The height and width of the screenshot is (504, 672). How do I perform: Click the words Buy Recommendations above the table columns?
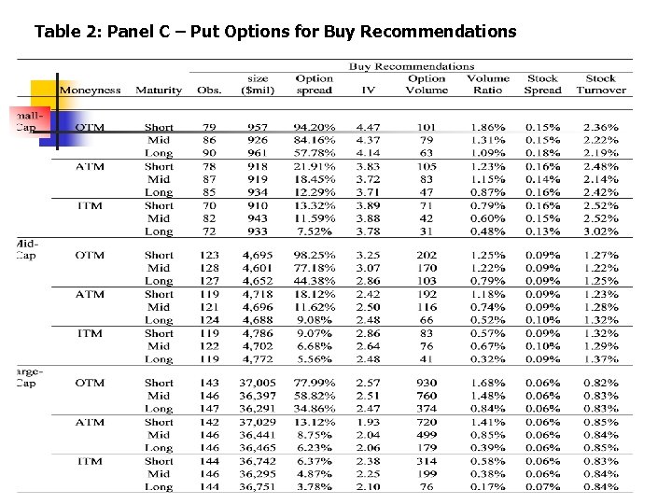[x=412, y=66]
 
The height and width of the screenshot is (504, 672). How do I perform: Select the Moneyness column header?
[x=90, y=91]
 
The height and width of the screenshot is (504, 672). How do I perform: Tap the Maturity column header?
[x=159, y=91]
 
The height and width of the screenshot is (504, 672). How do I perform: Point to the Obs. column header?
[x=209, y=91]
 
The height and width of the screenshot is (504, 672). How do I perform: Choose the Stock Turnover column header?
[x=600, y=85]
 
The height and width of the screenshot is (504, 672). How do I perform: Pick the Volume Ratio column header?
[x=488, y=85]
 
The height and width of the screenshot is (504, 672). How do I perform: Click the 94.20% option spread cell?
[x=314, y=127]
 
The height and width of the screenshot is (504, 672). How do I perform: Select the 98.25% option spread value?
[x=314, y=255]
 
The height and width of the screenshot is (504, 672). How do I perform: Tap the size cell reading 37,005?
[x=258, y=383]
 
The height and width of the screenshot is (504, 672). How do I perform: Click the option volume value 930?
[x=426, y=383]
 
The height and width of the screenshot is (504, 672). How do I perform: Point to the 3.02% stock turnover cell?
[x=600, y=231]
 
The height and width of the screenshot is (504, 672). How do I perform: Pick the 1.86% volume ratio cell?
[x=488, y=127]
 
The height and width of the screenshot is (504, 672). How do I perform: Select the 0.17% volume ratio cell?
[x=488, y=486]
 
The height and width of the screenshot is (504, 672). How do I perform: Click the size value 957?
[x=258, y=127]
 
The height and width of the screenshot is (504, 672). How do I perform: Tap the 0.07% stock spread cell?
[x=542, y=486]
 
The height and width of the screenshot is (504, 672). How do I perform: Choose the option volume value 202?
[x=426, y=255]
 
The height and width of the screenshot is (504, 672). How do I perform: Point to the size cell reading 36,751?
[x=258, y=486]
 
